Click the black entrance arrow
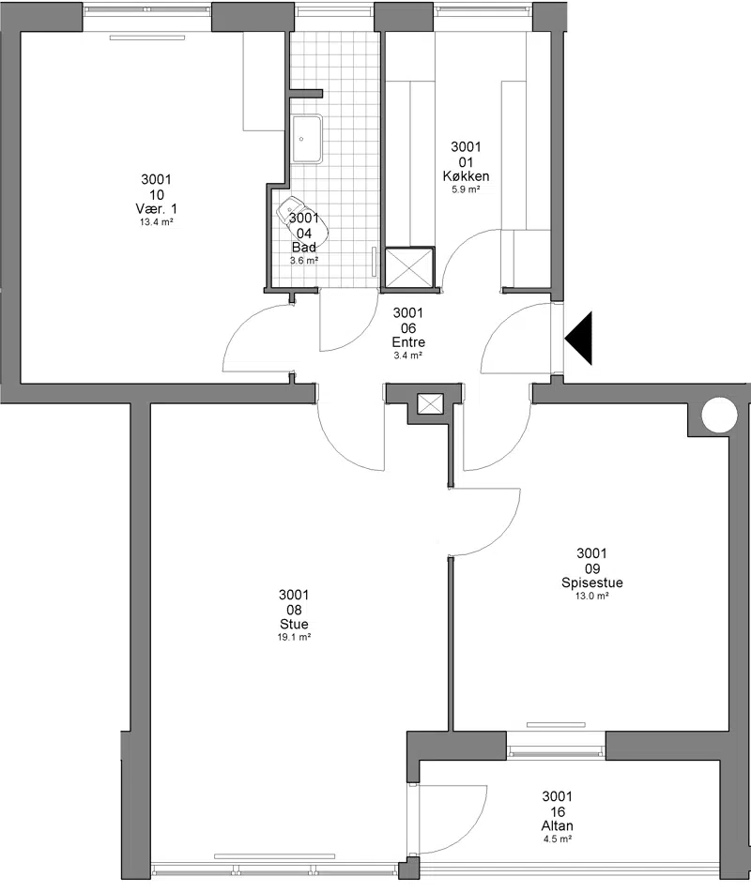[x=579, y=338]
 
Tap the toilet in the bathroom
[x=302, y=223]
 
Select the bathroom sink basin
[x=308, y=140]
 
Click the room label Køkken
[x=466, y=176]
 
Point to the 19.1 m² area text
[x=294, y=638]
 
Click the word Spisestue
[x=592, y=582]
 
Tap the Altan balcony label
[x=558, y=825]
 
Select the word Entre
[x=408, y=342]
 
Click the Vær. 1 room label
[x=157, y=209]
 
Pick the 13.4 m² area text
[x=157, y=222]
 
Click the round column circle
[x=719, y=416]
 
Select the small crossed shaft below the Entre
[x=430, y=404]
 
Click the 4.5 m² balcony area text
[x=558, y=839]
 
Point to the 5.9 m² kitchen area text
[x=466, y=190]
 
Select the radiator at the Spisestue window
[x=547, y=725]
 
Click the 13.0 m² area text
[x=592, y=597]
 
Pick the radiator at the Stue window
[x=274, y=856]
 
